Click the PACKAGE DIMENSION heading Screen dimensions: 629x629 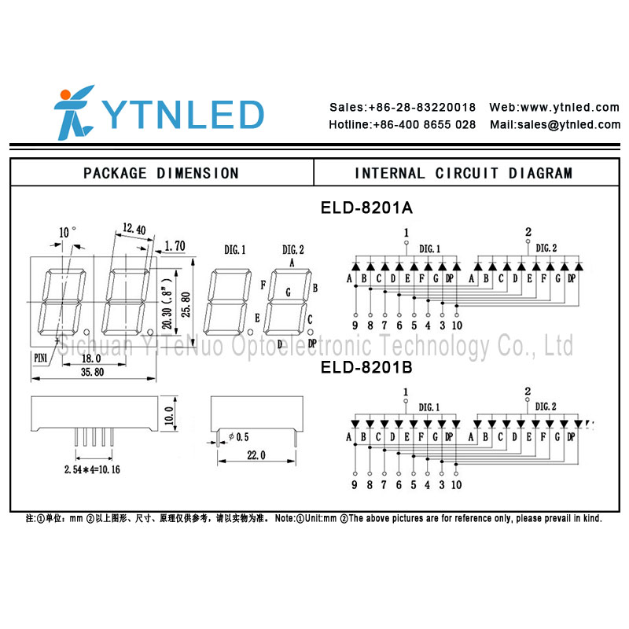coord(161,173)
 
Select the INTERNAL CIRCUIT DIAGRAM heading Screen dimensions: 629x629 coord(463,173)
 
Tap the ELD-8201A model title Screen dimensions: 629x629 coord(366,208)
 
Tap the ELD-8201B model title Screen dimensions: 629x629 coord(366,367)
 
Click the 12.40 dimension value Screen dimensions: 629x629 coord(134,230)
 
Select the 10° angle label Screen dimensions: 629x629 coord(68,233)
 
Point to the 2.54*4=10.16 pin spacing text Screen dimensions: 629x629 coord(91,469)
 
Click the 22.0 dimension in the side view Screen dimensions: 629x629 coord(256,455)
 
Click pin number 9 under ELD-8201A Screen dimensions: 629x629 coord(355,326)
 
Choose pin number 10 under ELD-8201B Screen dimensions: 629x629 coord(456,484)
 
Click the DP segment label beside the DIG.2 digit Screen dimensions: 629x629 coord(312,344)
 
